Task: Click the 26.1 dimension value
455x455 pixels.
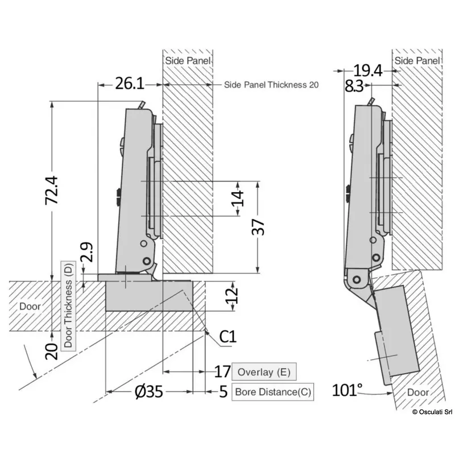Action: tap(129, 84)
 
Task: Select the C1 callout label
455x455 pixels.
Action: tap(227, 337)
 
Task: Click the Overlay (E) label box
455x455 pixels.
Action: tap(263, 373)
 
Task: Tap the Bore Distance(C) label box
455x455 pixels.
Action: tap(274, 392)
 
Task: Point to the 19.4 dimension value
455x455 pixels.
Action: tap(367, 71)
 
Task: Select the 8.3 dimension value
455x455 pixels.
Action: tap(354, 86)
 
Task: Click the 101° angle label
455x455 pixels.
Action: tap(348, 391)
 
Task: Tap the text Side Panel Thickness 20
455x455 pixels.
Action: tap(271, 85)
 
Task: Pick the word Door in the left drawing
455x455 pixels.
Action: tap(31, 306)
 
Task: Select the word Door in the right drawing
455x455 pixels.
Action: tap(418, 392)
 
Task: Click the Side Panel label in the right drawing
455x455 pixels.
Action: tap(417, 60)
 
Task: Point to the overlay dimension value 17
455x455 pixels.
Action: tap(222, 373)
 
